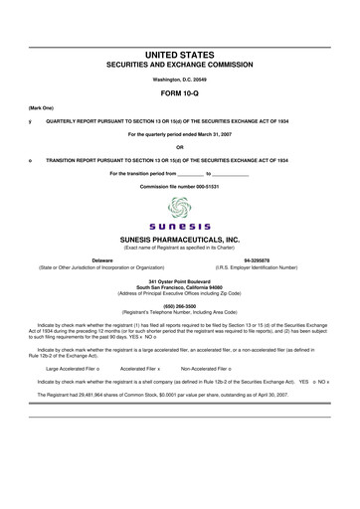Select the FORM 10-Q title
(179, 89)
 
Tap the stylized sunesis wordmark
(179, 228)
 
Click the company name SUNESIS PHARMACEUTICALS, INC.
(179, 240)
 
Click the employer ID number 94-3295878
(257, 260)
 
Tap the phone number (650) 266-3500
(179, 306)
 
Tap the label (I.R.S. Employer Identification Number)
(257, 267)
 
